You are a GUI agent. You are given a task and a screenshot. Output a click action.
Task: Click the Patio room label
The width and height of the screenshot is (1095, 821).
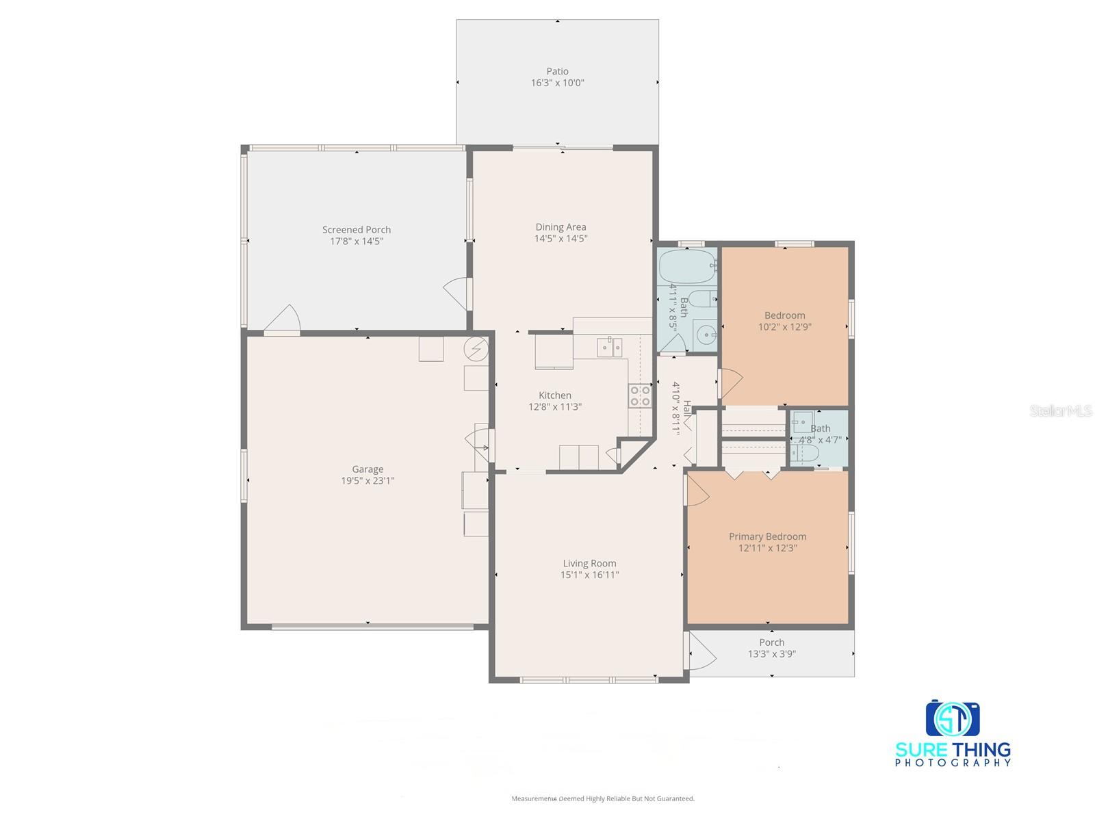pos(557,71)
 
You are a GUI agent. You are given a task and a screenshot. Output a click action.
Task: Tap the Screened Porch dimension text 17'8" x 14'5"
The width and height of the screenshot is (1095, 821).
pos(357,242)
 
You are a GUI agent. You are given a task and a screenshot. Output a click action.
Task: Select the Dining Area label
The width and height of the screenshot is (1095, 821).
pos(561,227)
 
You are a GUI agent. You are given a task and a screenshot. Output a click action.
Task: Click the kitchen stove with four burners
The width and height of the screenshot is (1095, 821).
pos(640,396)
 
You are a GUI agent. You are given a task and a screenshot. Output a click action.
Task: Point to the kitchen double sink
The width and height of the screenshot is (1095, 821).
pos(609,347)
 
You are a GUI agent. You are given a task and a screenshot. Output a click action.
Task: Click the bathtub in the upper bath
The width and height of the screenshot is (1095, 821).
pos(686,267)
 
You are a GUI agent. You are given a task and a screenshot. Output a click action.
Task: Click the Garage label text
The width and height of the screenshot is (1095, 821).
pos(368,469)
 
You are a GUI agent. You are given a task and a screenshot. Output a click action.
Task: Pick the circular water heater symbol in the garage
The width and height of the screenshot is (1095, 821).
pos(476,350)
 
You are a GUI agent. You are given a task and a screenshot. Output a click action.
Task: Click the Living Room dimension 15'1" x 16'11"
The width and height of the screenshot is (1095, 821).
pos(589,575)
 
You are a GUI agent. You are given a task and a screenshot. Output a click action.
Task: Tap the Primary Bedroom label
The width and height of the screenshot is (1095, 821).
pos(767,536)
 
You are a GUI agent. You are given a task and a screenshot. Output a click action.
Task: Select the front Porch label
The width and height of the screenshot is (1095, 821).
pos(771,642)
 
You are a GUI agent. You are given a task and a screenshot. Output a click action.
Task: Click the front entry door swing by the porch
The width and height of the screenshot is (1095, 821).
pos(701,652)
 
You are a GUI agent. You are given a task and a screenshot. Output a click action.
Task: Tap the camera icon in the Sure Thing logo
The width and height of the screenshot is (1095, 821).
pos(953,718)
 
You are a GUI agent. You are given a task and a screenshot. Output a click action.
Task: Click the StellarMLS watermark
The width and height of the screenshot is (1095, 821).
pos(1060,411)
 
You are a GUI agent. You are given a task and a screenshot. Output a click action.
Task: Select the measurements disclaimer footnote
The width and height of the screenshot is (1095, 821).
pos(603,798)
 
